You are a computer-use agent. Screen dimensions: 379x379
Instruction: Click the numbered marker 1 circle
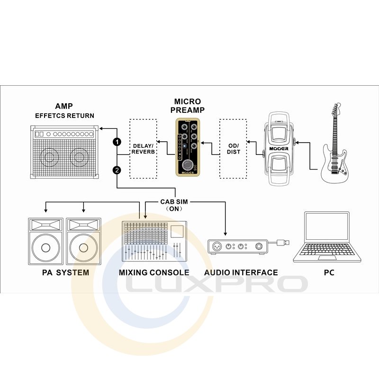pyautogui.click(x=117, y=142)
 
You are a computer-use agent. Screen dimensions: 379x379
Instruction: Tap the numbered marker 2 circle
pyautogui.click(x=117, y=170)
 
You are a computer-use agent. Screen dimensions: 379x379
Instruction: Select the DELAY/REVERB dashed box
pyautogui.click(x=143, y=149)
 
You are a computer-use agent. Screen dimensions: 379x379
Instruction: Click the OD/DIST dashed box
pyautogui.click(x=233, y=149)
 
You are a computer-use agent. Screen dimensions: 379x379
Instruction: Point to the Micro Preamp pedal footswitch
pyautogui.click(x=189, y=164)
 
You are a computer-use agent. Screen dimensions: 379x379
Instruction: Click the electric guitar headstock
pyautogui.click(x=336, y=110)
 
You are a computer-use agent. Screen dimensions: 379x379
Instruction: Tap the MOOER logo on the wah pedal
pyautogui.click(x=279, y=148)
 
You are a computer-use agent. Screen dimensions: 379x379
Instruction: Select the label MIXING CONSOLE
pyautogui.click(x=154, y=272)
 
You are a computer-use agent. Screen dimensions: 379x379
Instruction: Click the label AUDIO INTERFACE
pyautogui.click(x=241, y=272)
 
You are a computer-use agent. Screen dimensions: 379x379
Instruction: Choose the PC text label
pyautogui.click(x=329, y=272)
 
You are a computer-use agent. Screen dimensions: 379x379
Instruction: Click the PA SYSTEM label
pyautogui.click(x=65, y=272)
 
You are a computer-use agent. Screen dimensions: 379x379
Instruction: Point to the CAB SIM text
pyautogui.click(x=174, y=201)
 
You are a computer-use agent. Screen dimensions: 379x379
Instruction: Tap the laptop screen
pyautogui.click(x=327, y=232)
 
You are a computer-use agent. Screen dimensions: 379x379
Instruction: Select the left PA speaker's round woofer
pyautogui.click(x=45, y=247)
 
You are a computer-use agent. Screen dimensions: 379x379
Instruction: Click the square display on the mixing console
pyautogui.click(x=178, y=231)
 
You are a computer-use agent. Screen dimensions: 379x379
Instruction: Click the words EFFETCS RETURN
pyautogui.click(x=64, y=116)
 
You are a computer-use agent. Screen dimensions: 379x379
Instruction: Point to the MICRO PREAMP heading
pyautogui.click(x=188, y=106)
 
